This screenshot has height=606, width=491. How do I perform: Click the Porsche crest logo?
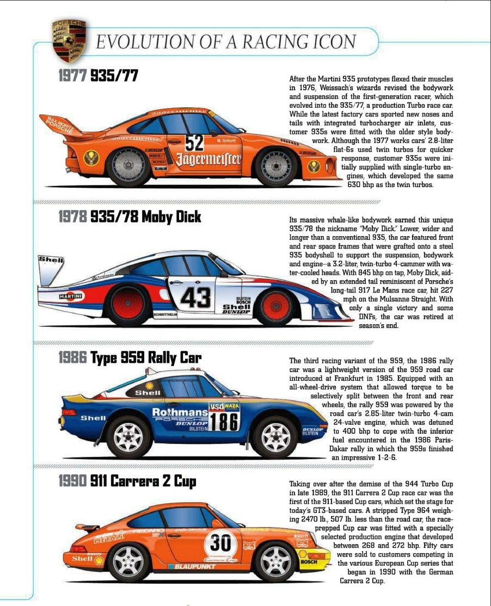69,40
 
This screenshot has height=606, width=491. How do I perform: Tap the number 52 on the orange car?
194,143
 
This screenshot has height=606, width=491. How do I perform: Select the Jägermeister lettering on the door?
208,159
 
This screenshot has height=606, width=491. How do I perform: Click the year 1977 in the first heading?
72,76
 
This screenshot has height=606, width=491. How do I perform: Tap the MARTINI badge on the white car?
71,295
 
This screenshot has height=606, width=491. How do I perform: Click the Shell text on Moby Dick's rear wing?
51,260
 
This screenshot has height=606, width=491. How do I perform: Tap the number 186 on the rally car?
225,422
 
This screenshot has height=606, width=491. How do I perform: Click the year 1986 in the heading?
72,357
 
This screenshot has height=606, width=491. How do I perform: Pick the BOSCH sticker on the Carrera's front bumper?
309,561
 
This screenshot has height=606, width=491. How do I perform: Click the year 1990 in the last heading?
72,481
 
